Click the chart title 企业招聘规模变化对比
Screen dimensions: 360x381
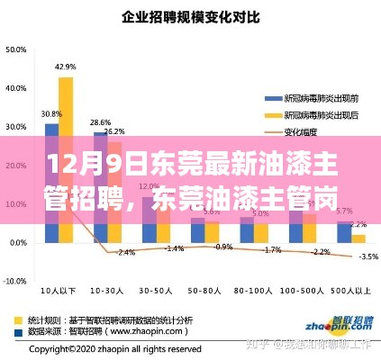[x=189, y=16]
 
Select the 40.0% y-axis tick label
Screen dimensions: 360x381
[x=15, y=87]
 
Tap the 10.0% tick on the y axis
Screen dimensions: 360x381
[x=15, y=203]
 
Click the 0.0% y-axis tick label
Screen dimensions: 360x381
[x=17, y=243]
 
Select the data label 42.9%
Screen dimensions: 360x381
[x=65, y=67]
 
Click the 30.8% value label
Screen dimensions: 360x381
[x=51, y=114]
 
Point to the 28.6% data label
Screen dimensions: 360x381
[x=100, y=122]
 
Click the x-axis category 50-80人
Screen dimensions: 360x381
[x=204, y=292]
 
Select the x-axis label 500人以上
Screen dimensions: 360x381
[x=350, y=292]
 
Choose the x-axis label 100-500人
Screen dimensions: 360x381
[x=301, y=292]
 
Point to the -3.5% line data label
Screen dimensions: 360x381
[x=367, y=256]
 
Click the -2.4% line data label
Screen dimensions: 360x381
[x=125, y=252]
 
